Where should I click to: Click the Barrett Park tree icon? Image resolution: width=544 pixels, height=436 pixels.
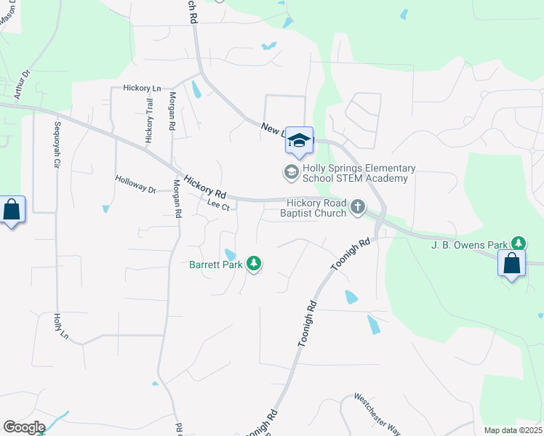click(x=254, y=263)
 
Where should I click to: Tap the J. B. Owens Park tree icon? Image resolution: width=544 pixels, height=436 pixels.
click(x=519, y=243)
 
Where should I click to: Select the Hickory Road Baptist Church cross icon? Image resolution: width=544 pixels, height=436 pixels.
click(x=357, y=207)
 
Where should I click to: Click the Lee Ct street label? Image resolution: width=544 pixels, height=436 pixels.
click(x=218, y=206)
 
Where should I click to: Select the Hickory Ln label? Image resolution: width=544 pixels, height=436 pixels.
click(x=142, y=88)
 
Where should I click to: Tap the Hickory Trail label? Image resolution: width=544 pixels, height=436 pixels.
click(x=149, y=120)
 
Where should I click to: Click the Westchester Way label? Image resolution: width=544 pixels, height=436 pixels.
click(x=377, y=414)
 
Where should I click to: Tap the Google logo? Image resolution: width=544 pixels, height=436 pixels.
click(x=23, y=427)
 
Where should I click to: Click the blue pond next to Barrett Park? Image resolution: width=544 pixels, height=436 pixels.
click(x=230, y=254)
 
